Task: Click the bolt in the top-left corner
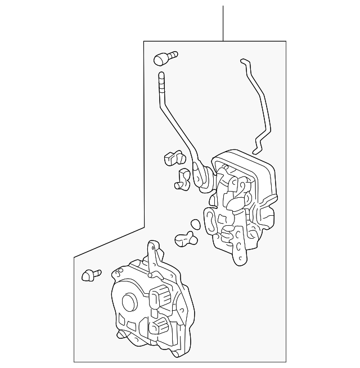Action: coord(164,57)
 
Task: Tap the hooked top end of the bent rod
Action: coord(243,61)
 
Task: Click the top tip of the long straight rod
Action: coord(161,74)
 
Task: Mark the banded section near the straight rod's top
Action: coord(162,84)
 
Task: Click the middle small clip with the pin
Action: coord(183,179)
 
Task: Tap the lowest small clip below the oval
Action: coord(186,240)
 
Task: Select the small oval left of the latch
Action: coord(195,223)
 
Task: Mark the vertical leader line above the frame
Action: coord(223,22)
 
